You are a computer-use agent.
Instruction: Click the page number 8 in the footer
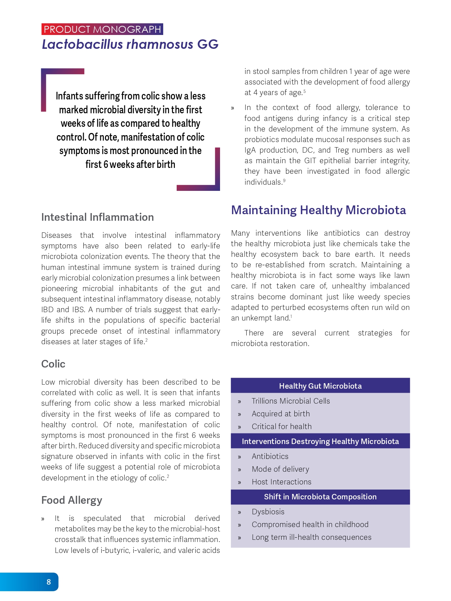[49, 582]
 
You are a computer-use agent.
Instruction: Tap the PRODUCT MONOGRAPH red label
[102, 29]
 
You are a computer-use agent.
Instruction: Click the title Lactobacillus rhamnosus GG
[130, 44]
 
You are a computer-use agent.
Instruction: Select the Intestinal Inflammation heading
[97, 217]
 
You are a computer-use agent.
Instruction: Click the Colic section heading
[53, 364]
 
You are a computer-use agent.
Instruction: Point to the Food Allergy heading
[72, 500]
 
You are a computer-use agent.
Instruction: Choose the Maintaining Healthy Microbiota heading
[318, 210]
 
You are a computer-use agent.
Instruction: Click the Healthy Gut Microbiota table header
[320, 386]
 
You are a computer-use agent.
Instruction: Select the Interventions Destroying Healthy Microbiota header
[320, 441]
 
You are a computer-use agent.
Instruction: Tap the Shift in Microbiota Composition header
[320, 497]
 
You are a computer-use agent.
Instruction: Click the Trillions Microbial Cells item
[291, 401]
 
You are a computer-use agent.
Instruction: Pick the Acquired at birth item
[281, 414]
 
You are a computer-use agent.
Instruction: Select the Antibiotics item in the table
[270, 456]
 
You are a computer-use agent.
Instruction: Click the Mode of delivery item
[280, 469]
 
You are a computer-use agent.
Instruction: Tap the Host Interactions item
[281, 482]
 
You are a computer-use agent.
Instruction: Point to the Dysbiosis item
[268, 512]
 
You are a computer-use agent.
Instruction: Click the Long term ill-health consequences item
[311, 537]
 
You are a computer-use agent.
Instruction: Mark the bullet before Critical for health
[239, 427]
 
